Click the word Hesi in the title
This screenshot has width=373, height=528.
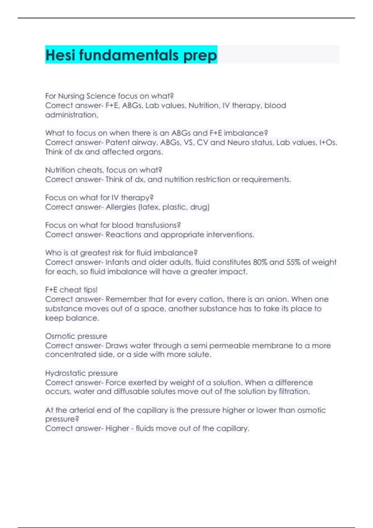pyautogui.click(x=61, y=55)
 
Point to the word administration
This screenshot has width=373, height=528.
pyautogui.click(x=71, y=115)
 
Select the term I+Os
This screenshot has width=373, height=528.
pyautogui.click(x=328, y=143)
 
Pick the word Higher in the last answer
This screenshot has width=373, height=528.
pyautogui.click(x=117, y=429)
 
